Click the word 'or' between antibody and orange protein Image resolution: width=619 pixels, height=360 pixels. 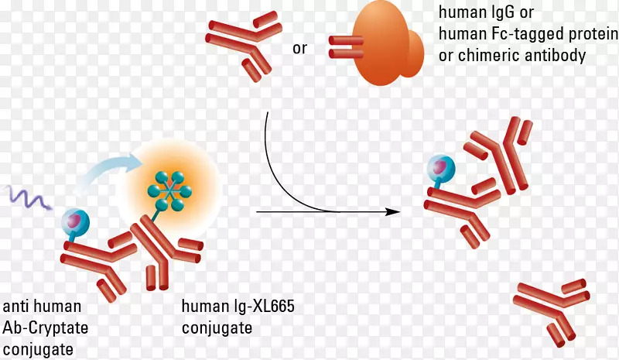click(299, 49)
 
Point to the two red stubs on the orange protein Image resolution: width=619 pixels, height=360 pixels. click(340, 46)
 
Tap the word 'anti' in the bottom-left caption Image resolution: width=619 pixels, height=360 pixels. click(18, 307)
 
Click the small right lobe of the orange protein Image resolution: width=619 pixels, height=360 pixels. click(414, 50)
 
